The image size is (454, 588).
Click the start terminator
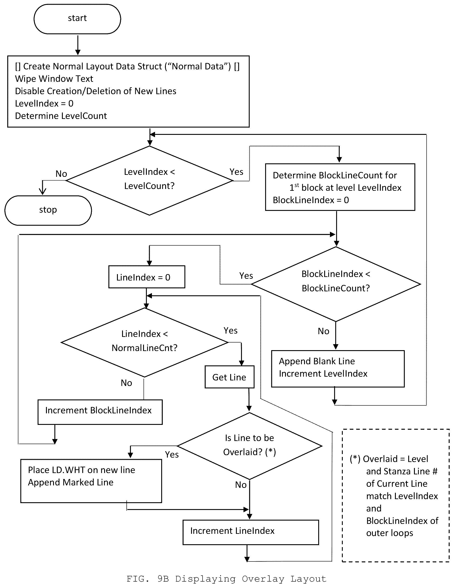tap(77, 19)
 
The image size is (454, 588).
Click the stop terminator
tap(48, 210)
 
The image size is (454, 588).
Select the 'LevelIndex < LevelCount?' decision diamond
tap(149, 181)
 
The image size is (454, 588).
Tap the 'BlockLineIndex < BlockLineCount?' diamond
tap(336, 284)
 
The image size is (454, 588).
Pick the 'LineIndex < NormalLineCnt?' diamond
tap(145, 342)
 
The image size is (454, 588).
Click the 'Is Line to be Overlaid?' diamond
tap(250, 446)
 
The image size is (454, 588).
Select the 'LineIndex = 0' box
tap(147, 277)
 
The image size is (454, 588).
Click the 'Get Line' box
tap(229, 377)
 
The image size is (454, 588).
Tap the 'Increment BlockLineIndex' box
tap(100, 412)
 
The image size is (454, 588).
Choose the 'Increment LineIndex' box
tap(251, 532)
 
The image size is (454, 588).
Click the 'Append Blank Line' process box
tap(338, 368)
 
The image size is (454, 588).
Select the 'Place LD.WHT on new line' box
tap(91, 481)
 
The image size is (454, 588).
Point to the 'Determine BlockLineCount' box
tap(340, 187)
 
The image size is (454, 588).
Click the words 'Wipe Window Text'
tap(54, 79)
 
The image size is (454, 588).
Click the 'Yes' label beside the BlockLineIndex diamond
tap(246, 276)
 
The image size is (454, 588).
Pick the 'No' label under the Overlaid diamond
tap(241, 485)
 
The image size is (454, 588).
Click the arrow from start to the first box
tap(78, 45)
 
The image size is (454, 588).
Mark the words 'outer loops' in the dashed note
tap(389, 533)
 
